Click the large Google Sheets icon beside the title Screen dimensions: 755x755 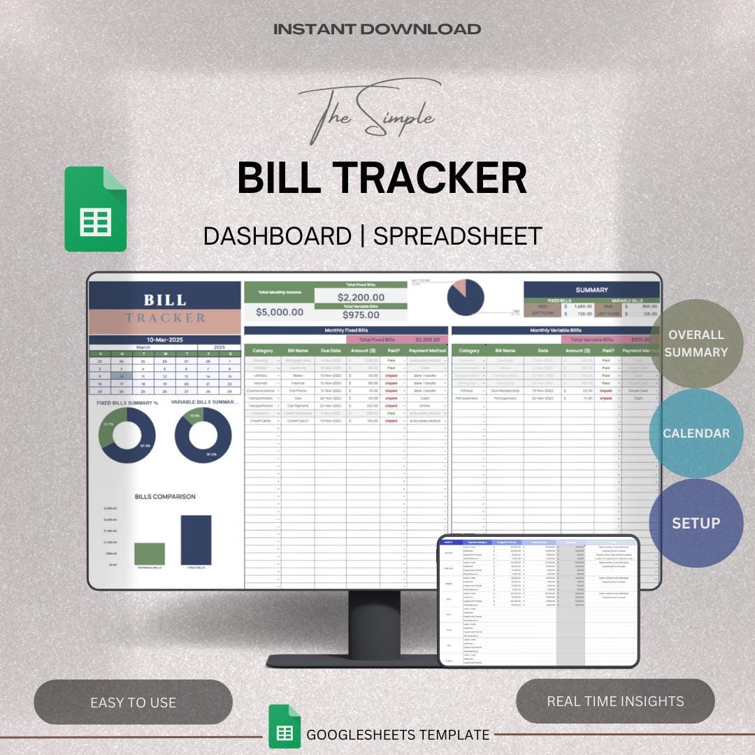pyautogui.click(x=96, y=209)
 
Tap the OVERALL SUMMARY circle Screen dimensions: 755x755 pyautogui.click(x=696, y=343)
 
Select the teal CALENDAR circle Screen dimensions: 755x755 pyautogui.click(x=696, y=433)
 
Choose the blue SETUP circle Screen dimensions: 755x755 pyautogui.click(x=696, y=523)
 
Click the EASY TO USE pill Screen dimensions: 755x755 pyautogui.click(x=133, y=702)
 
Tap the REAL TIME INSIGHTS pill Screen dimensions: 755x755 pyautogui.click(x=615, y=701)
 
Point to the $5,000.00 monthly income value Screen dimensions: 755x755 pyautogui.click(x=280, y=312)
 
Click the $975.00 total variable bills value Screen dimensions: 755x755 pyautogui.click(x=361, y=315)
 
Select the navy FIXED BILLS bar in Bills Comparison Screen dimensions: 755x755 pyautogui.click(x=196, y=540)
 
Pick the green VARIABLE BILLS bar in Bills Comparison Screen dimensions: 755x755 pyautogui.click(x=150, y=554)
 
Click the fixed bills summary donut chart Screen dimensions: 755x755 pyautogui.click(x=127, y=435)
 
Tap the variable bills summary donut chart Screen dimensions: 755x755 pyautogui.click(x=203, y=435)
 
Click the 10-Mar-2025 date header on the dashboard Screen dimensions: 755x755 pyautogui.click(x=166, y=339)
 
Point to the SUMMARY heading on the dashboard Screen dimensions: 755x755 pyautogui.click(x=591, y=289)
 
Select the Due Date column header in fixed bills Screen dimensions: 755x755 pyautogui.click(x=330, y=350)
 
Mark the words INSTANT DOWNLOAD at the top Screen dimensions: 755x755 pyautogui.click(x=377, y=29)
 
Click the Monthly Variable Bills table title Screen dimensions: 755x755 pyautogui.click(x=555, y=330)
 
